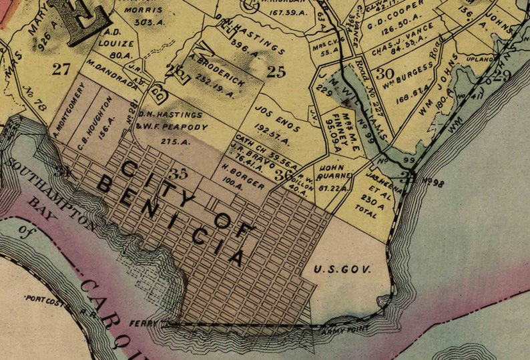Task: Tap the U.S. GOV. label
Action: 341,270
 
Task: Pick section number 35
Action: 179,175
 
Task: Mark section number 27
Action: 61,68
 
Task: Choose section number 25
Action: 276,71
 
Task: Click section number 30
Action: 384,73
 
